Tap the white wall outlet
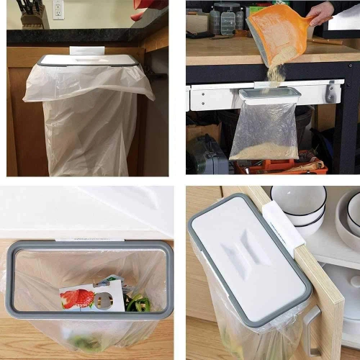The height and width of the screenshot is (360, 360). [x=58, y=9]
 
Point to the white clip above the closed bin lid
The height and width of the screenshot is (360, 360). [x=87, y=50]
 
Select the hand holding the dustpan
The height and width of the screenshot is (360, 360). [x=320, y=12]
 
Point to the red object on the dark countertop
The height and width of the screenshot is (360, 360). [x=138, y=15]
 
